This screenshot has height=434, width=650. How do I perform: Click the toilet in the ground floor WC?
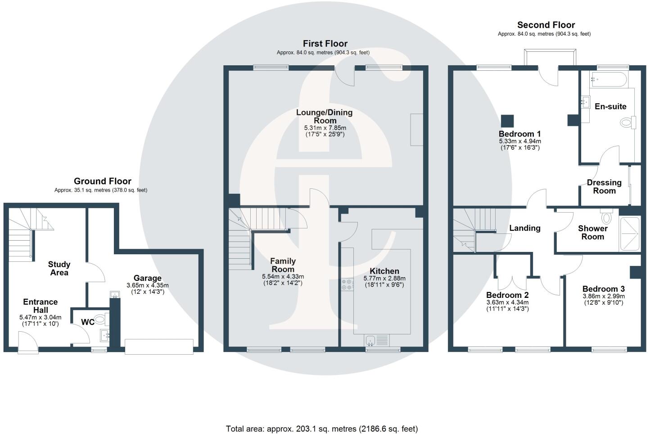pyautogui.click(x=102, y=319)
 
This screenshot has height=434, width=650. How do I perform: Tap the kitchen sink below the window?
pyautogui.click(x=377, y=340)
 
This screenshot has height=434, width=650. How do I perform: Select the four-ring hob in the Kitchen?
pyautogui.click(x=347, y=284)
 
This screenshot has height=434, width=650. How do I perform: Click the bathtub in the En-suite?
pyautogui.click(x=608, y=79)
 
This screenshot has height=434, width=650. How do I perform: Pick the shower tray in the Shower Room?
pyautogui.click(x=629, y=233)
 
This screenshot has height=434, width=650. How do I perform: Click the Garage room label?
pyautogui.click(x=147, y=278)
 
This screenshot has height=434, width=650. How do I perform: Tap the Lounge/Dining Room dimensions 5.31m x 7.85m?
pyautogui.click(x=325, y=128)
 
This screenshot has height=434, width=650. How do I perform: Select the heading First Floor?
pyautogui.click(x=325, y=44)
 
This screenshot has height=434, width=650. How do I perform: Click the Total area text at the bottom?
pyautogui.click(x=322, y=429)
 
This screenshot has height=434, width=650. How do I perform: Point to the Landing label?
pyautogui.click(x=525, y=228)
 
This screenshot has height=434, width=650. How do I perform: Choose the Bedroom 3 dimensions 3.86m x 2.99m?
pyautogui.click(x=604, y=296)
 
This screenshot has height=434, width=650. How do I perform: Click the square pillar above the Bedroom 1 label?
pyautogui.click(x=507, y=121)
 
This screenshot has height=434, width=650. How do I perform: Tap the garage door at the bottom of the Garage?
pyautogui.click(x=159, y=347)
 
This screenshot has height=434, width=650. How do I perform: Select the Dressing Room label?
pyautogui.click(x=604, y=187)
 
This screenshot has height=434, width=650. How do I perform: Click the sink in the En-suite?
pyautogui.click(x=585, y=102)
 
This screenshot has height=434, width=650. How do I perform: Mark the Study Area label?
pyautogui.click(x=59, y=269)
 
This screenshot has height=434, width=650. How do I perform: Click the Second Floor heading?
pyautogui.click(x=546, y=25)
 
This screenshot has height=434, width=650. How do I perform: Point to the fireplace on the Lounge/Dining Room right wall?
pyautogui.click(x=417, y=129)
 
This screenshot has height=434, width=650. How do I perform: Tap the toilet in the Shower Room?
pyautogui.click(x=606, y=216)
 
